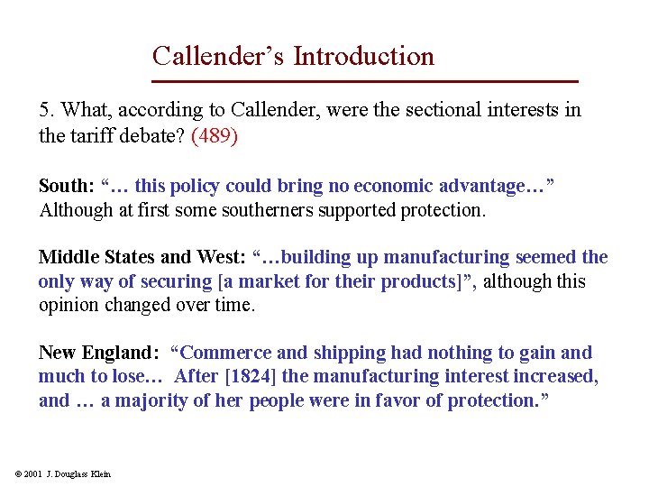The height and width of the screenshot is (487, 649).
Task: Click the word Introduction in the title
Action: click(x=363, y=56)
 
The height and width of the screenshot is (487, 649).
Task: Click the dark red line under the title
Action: click(x=364, y=82)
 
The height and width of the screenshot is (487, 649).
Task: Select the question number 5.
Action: click(x=45, y=110)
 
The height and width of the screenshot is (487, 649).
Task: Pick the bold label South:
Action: click(x=67, y=187)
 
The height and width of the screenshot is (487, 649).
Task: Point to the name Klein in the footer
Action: click(x=100, y=474)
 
